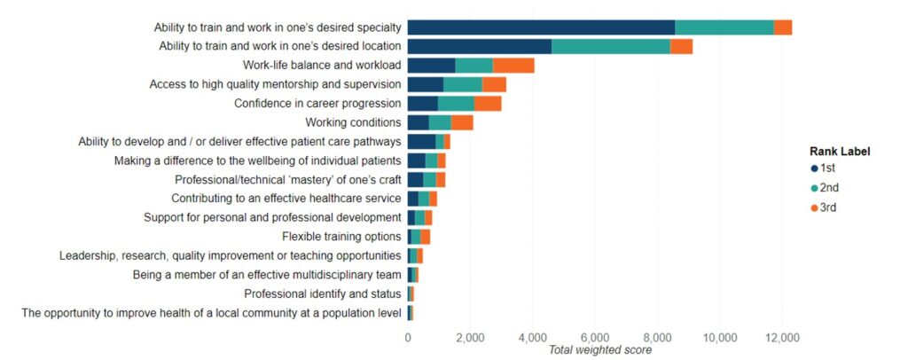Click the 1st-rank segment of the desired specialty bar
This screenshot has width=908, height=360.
(x=541, y=27)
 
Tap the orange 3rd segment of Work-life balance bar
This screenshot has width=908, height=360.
(x=513, y=65)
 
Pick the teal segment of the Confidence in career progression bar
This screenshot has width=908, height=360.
(x=456, y=103)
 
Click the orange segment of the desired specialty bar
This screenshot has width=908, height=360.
(x=782, y=27)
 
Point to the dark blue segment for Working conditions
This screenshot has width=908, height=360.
(x=418, y=122)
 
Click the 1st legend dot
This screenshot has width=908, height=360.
(x=813, y=168)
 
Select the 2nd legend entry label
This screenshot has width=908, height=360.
(x=829, y=188)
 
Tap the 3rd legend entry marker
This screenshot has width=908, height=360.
(x=813, y=207)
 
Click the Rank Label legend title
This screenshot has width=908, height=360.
(x=839, y=152)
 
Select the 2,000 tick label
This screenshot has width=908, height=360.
(x=470, y=337)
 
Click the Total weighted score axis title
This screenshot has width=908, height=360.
(x=600, y=349)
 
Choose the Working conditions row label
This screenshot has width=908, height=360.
(x=353, y=122)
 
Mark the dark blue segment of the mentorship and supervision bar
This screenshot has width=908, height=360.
(x=425, y=84)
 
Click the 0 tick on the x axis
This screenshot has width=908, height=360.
(x=408, y=337)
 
